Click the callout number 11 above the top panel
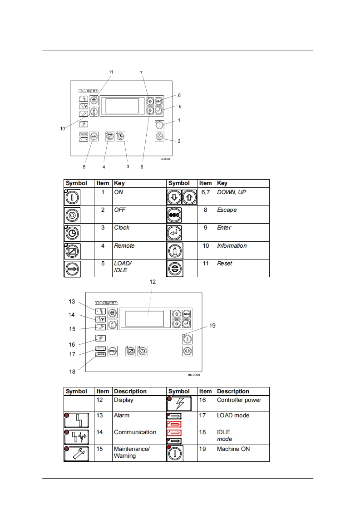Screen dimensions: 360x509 click(x=111, y=72)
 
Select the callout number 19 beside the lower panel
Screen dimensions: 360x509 click(x=212, y=326)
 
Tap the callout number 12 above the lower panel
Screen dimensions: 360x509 click(x=153, y=282)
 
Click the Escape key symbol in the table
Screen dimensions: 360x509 click(x=174, y=215)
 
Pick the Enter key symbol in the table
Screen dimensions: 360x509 click(x=174, y=233)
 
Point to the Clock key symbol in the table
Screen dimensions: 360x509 click(x=72, y=233)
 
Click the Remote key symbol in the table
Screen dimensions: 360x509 click(x=72, y=250)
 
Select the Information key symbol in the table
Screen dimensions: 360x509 click(x=175, y=250)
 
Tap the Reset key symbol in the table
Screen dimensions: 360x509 click(x=175, y=269)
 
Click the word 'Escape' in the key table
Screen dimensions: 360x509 click(x=227, y=210)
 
